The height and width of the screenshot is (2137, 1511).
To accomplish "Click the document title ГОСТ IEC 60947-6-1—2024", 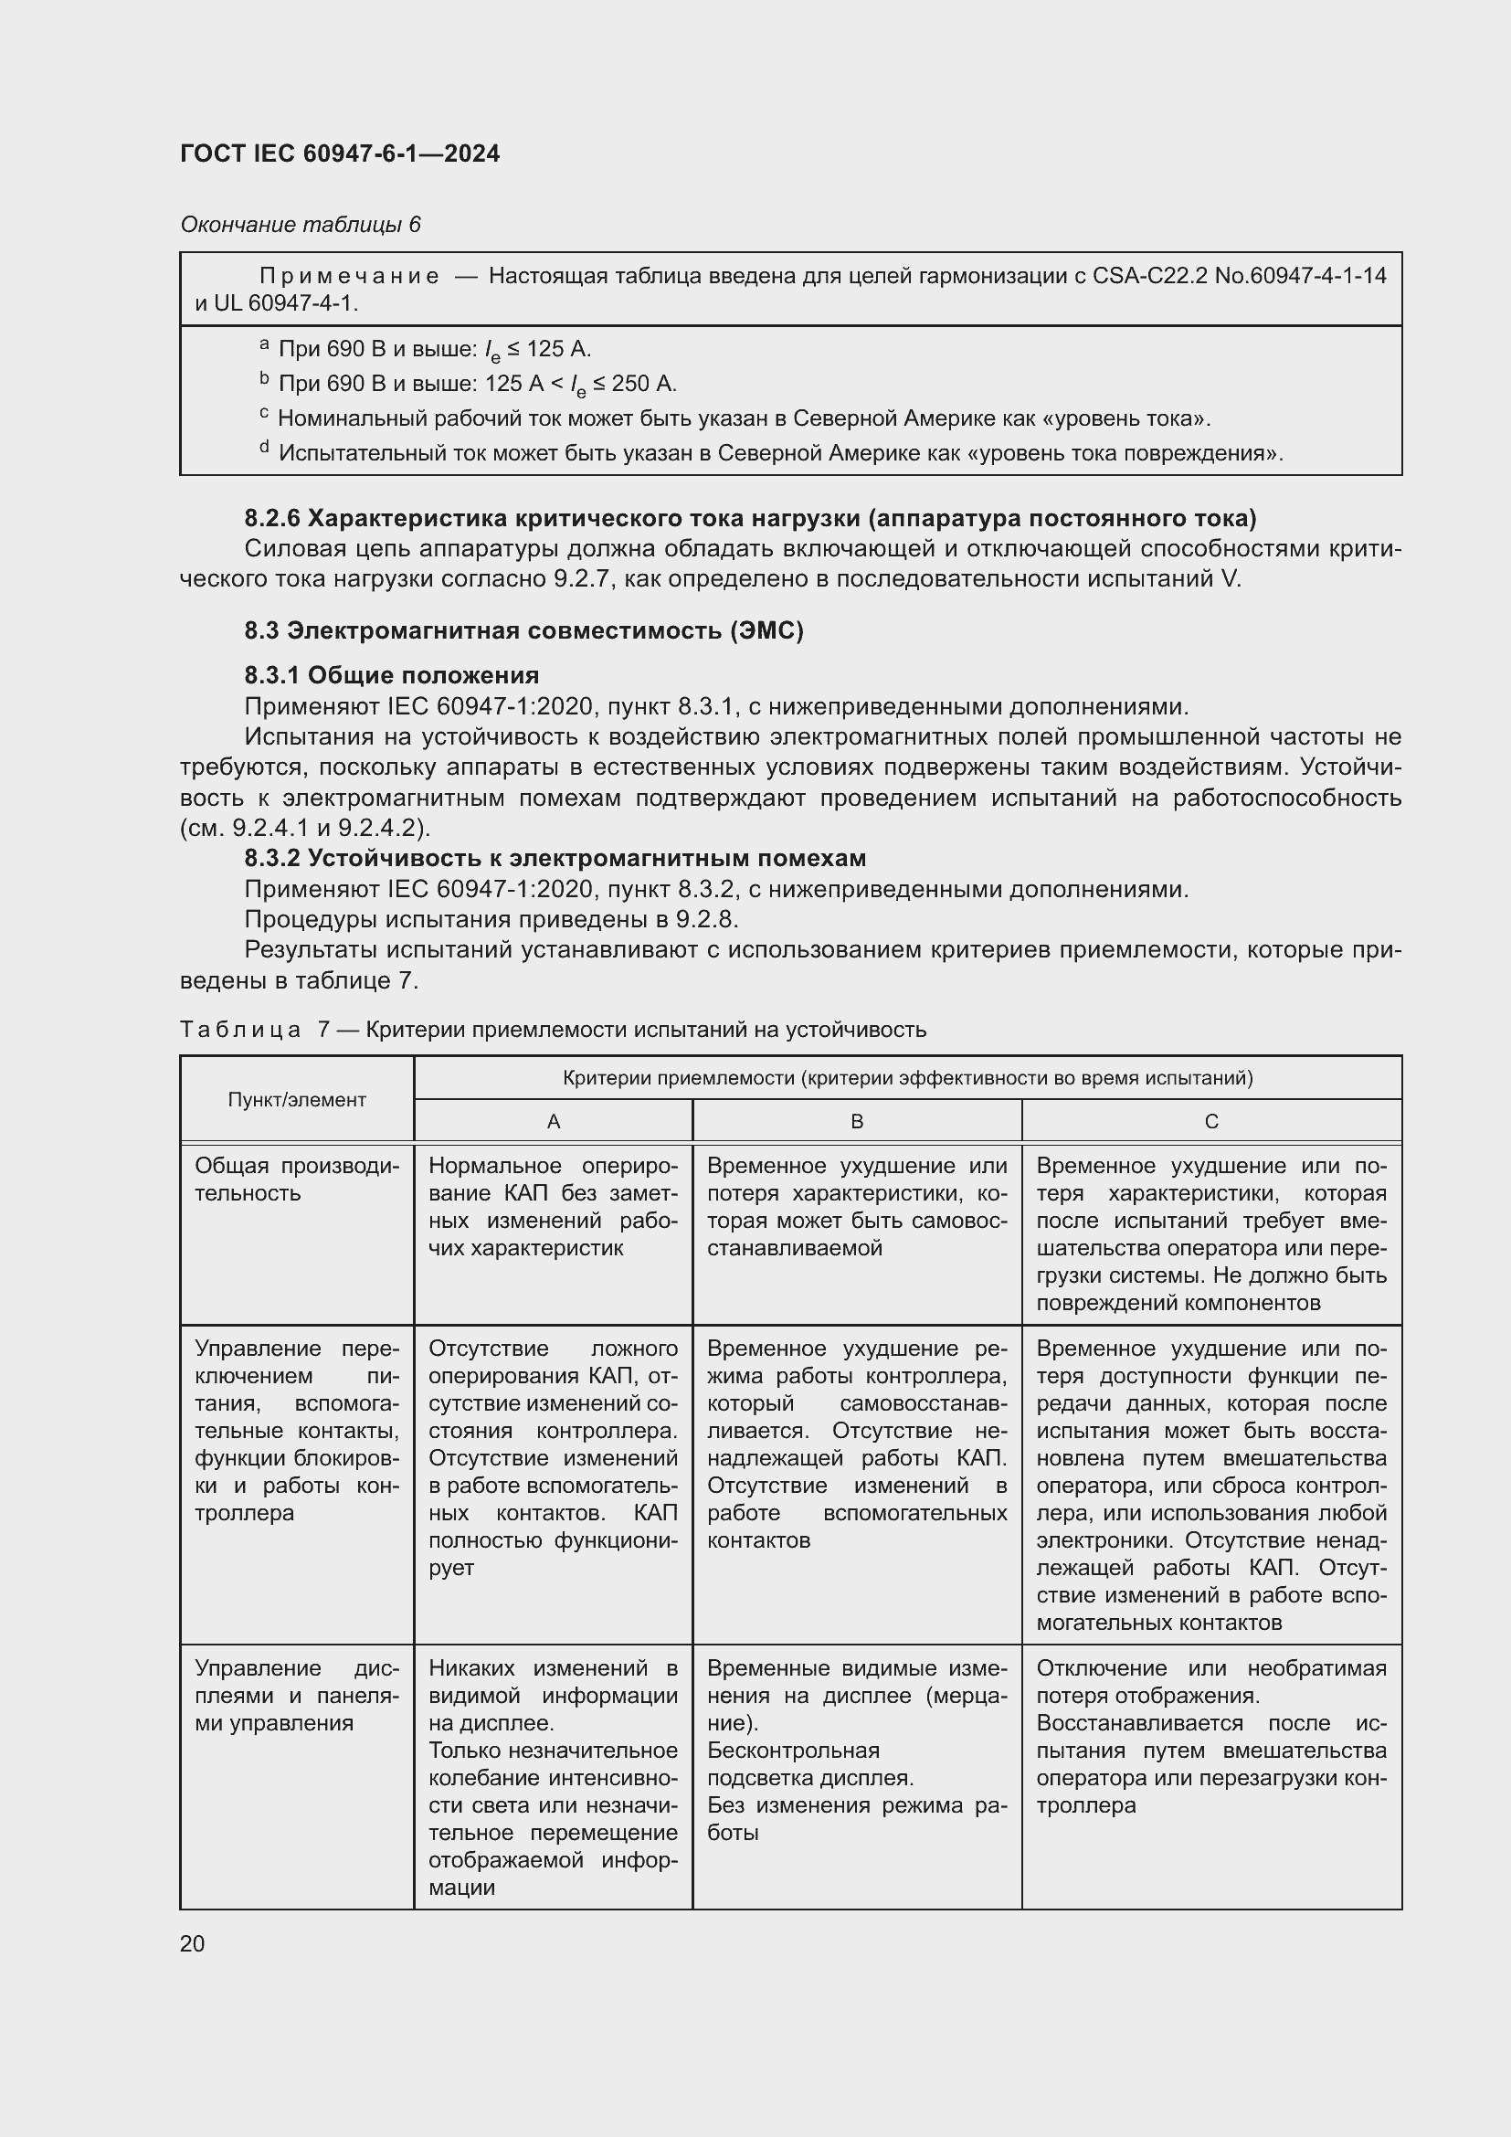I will (x=340, y=153).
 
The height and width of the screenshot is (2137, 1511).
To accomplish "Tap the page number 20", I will (x=193, y=1943).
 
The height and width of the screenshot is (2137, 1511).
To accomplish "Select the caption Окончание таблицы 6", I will (x=300, y=225).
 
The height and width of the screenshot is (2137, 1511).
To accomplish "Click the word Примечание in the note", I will (x=348, y=276).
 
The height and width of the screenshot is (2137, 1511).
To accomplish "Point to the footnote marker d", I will (x=264, y=449).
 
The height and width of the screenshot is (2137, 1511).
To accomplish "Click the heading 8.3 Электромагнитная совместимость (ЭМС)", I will (x=523, y=630).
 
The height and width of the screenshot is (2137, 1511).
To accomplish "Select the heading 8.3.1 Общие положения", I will (x=392, y=675).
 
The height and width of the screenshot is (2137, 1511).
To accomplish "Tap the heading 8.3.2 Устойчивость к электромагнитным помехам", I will (x=555, y=857).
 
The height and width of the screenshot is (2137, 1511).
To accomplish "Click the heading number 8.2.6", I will (x=272, y=517).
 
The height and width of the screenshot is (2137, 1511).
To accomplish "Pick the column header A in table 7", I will (x=553, y=1122).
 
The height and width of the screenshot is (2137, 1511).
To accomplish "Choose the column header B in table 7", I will (x=857, y=1122).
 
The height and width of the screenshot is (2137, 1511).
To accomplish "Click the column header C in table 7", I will (x=1210, y=1122).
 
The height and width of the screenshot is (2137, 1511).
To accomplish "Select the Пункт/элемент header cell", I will (x=297, y=1099).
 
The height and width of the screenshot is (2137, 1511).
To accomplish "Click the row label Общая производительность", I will (x=296, y=1180).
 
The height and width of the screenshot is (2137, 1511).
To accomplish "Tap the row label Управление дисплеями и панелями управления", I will (x=296, y=1695).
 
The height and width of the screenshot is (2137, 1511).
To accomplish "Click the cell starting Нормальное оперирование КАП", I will (x=553, y=1206).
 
